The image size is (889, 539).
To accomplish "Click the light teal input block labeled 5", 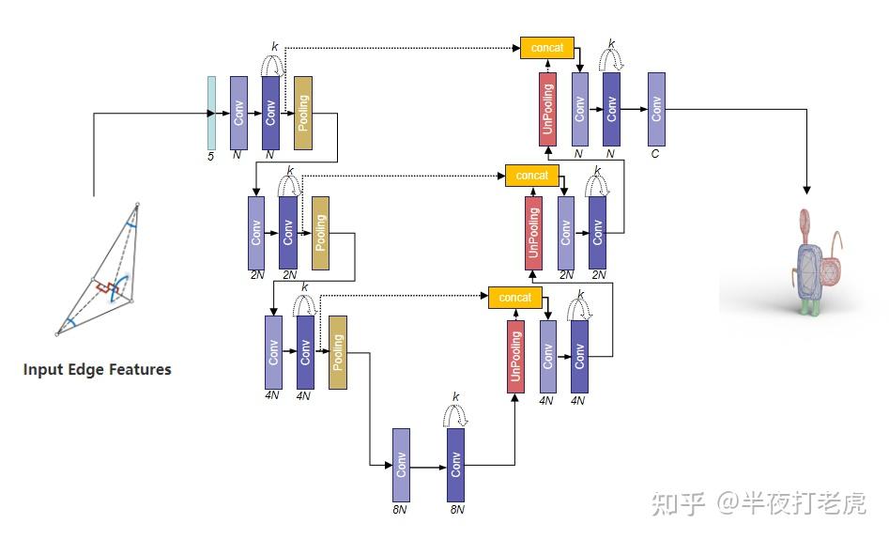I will [x=211, y=113].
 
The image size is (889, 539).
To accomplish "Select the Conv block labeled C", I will [x=656, y=109].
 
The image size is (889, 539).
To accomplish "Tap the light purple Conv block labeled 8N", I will [x=401, y=465].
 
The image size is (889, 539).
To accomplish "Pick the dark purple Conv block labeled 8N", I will [x=456, y=465].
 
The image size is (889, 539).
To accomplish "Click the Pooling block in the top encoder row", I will [x=302, y=113].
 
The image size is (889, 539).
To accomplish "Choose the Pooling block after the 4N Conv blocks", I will [x=338, y=351].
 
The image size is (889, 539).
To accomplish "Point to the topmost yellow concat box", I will [x=546, y=48].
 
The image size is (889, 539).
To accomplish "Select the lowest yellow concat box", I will [x=515, y=298].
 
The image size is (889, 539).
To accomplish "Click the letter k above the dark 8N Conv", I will [x=456, y=397].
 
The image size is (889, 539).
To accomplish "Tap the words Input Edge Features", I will [x=98, y=370].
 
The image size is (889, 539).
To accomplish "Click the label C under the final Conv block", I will [x=655, y=154].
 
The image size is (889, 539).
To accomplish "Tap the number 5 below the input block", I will [x=211, y=156].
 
